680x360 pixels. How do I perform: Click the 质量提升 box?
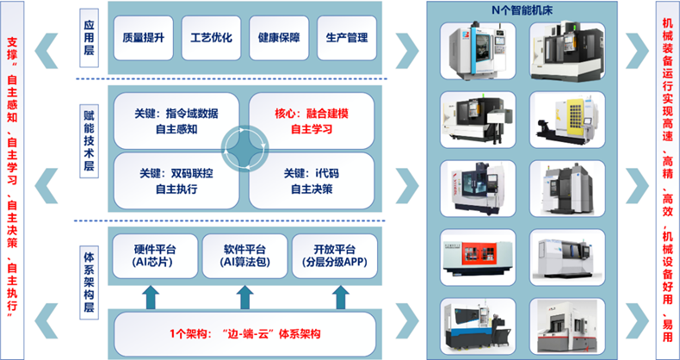point(143,38)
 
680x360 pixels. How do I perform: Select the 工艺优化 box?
point(211,38)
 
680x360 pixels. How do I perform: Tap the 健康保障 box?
point(279,38)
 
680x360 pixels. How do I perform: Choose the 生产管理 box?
point(347,38)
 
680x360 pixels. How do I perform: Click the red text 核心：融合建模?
point(312,114)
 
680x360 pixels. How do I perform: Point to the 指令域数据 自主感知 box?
point(176,121)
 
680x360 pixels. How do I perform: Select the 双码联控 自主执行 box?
point(176,181)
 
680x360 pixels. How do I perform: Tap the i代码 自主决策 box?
point(312,181)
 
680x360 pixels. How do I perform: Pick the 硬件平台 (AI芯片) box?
point(155,256)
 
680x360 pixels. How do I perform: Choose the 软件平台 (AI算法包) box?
point(244,256)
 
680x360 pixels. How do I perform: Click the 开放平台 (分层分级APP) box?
point(334,256)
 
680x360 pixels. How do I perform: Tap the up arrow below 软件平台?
point(244,297)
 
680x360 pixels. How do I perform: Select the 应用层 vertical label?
point(89,38)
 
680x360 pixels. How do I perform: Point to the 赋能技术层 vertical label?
point(89,141)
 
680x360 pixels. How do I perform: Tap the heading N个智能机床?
point(522,11)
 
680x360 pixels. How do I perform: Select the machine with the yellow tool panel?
point(567,120)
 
